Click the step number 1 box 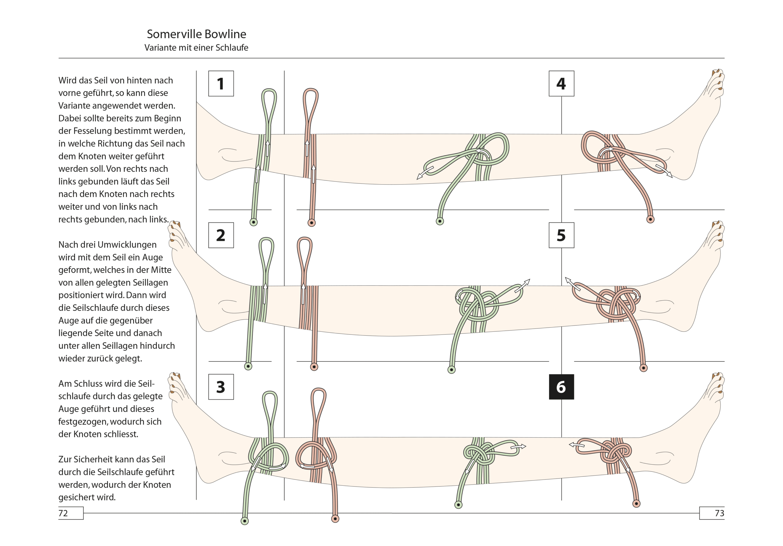[221, 84]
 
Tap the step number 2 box [221, 235]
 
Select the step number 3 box [221, 387]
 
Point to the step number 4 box [561, 84]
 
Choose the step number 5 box [561, 235]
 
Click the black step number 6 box [561, 387]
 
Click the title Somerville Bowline [196, 34]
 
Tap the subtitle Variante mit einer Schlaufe [196, 48]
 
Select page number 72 [63, 513]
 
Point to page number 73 [719, 513]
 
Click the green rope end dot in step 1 [253, 223]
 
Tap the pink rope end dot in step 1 [312, 223]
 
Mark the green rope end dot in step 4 [440, 222]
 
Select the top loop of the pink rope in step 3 [318, 403]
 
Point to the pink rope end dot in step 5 [644, 368]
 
